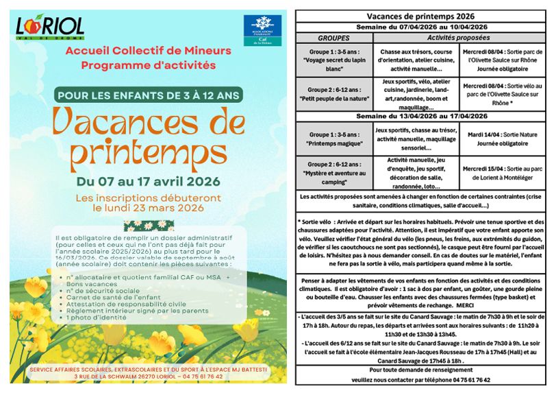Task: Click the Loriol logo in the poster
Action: (x=49, y=27)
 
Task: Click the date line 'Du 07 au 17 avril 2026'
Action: (x=149, y=182)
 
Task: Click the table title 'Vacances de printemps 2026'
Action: (x=421, y=15)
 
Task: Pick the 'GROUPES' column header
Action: (x=333, y=38)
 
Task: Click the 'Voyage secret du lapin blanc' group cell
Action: (x=333, y=60)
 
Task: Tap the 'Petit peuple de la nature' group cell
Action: (x=333, y=95)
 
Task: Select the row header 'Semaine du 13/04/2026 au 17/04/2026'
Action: (x=421, y=117)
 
